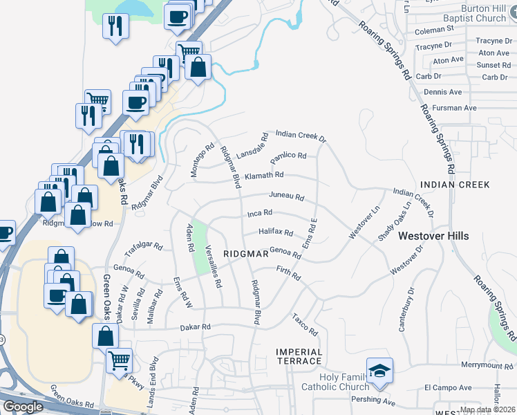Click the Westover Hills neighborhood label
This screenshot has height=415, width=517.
[433, 236]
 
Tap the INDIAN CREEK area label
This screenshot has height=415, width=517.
[455, 185]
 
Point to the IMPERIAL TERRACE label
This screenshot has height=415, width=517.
[299, 356]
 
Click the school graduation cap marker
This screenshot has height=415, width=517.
[379, 371]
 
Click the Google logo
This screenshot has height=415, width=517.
[23, 407]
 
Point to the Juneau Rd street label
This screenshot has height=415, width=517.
[286, 196]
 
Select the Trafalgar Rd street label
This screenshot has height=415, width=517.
[143, 247]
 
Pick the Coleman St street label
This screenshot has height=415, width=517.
[433, 30]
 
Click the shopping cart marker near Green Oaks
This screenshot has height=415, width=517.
[120, 360]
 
